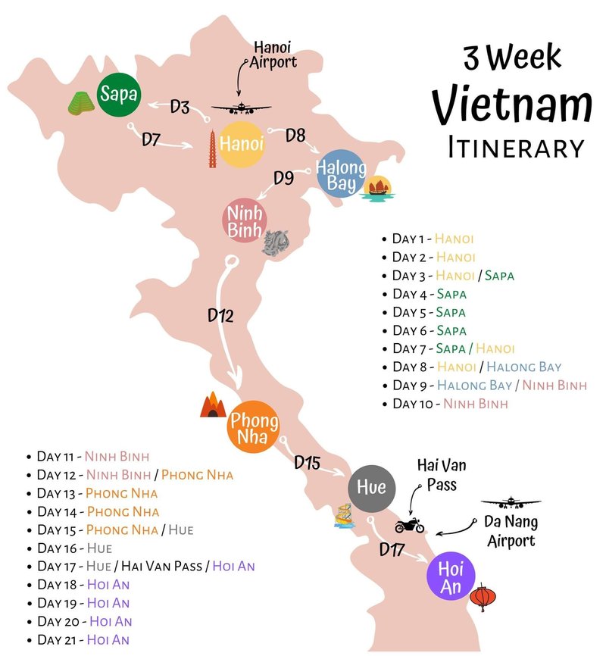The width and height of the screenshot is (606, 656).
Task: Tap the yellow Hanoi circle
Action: [x=242, y=143]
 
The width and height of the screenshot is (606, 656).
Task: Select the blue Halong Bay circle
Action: [x=340, y=176]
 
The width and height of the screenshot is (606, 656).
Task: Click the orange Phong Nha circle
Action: [x=254, y=429]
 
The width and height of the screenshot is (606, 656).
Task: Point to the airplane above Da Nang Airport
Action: [x=511, y=502]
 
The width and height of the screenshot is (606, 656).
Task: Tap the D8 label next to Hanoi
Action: [x=295, y=136]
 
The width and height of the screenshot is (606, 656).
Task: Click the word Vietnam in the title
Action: [x=511, y=105]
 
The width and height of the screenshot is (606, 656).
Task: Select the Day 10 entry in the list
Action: [x=450, y=404]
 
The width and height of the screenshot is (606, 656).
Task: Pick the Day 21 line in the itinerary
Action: [x=83, y=639]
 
